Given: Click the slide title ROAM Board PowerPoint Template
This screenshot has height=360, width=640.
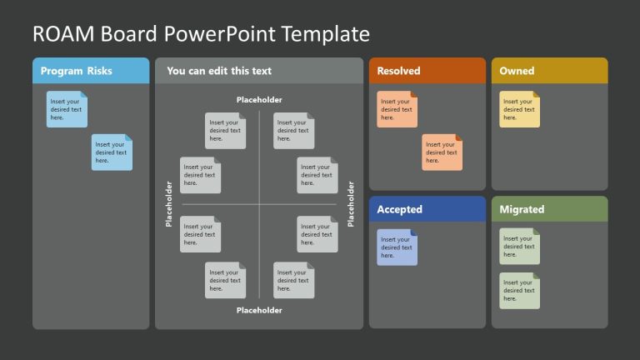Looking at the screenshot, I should click(x=200, y=33).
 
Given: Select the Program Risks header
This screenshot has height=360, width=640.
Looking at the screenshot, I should click(x=76, y=71).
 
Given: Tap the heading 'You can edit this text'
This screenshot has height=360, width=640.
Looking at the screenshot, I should click(x=218, y=71).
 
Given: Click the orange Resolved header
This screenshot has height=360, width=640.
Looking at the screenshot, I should click(x=398, y=71).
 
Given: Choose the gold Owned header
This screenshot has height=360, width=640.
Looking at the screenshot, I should click(x=517, y=71).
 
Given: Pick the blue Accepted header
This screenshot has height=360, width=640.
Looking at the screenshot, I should click(x=399, y=209).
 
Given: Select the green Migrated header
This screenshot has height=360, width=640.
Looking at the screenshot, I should click(x=522, y=209).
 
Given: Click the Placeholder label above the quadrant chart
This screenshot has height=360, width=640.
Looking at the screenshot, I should click(x=259, y=100).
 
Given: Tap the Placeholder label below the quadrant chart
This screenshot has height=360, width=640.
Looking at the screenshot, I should click(x=259, y=310).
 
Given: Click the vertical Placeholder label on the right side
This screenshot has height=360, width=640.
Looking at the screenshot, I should click(x=351, y=204).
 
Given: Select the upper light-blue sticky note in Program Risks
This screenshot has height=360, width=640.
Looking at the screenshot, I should click(x=67, y=109).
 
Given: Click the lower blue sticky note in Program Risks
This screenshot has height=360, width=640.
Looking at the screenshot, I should click(x=112, y=152).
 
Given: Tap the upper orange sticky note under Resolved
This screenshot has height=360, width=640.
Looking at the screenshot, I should click(x=397, y=109).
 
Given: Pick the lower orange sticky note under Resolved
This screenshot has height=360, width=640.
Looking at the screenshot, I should click(x=442, y=152).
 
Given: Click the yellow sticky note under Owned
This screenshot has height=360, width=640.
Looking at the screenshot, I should click(x=519, y=109).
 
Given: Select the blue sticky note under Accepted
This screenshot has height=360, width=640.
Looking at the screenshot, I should click(x=397, y=247).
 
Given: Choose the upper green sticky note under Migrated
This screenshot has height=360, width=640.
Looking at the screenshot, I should click(x=519, y=247).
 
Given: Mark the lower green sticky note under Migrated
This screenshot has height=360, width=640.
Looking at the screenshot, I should click(x=519, y=291).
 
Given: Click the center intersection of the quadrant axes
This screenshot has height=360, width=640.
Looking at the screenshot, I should click(x=259, y=204).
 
